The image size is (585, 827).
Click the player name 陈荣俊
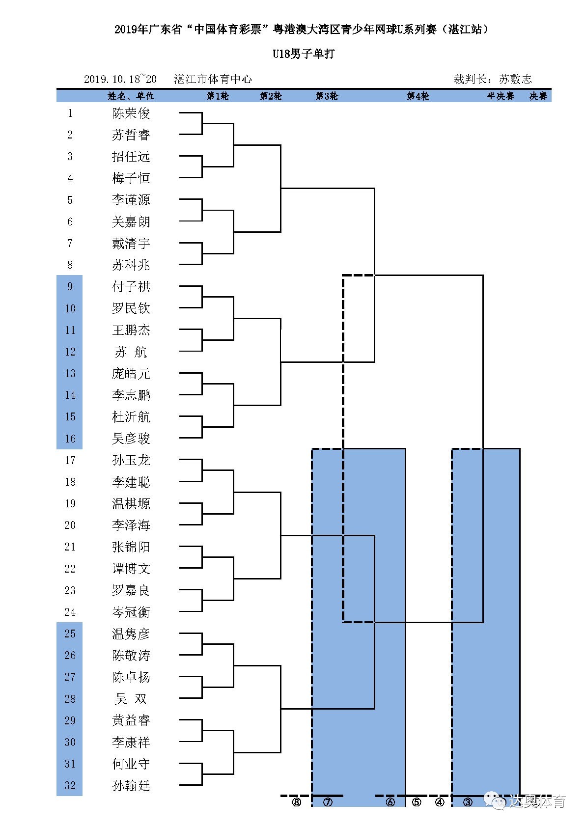(x=131, y=113)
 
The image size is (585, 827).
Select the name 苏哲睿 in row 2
(x=131, y=135)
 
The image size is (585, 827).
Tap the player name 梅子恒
(x=131, y=178)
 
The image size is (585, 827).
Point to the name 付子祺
(x=131, y=287)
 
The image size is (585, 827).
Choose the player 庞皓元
(x=131, y=374)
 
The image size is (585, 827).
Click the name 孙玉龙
(x=131, y=460)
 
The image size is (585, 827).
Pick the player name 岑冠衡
(x=131, y=612)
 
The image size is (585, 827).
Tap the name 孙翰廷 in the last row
(x=131, y=785)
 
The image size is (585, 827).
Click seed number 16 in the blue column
(x=70, y=439)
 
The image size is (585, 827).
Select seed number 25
(x=70, y=634)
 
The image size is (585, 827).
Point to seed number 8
(x=70, y=265)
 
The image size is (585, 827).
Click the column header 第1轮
(x=217, y=96)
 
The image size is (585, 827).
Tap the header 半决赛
(x=500, y=96)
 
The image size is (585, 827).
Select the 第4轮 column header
(x=418, y=96)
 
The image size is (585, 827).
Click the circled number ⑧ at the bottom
(x=296, y=802)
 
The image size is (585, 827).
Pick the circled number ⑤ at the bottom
(x=417, y=802)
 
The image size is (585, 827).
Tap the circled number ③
(x=468, y=802)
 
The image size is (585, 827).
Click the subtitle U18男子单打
(x=304, y=54)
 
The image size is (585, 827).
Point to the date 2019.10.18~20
(x=120, y=79)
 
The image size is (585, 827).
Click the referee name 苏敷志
(x=515, y=79)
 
